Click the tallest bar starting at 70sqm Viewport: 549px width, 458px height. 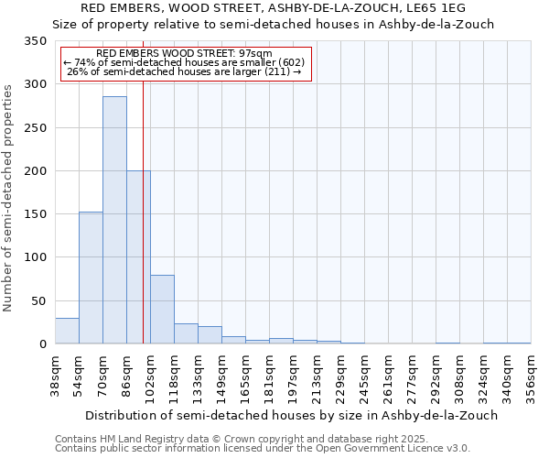pos(114,220)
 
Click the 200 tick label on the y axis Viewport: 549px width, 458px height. pos(36,171)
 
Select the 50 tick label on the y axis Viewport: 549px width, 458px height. pos(39,301)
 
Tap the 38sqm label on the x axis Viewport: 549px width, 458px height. pos(56,376)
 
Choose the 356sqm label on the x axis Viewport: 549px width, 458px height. pos(532,376)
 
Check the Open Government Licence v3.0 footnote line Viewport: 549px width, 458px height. pos(262,449)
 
